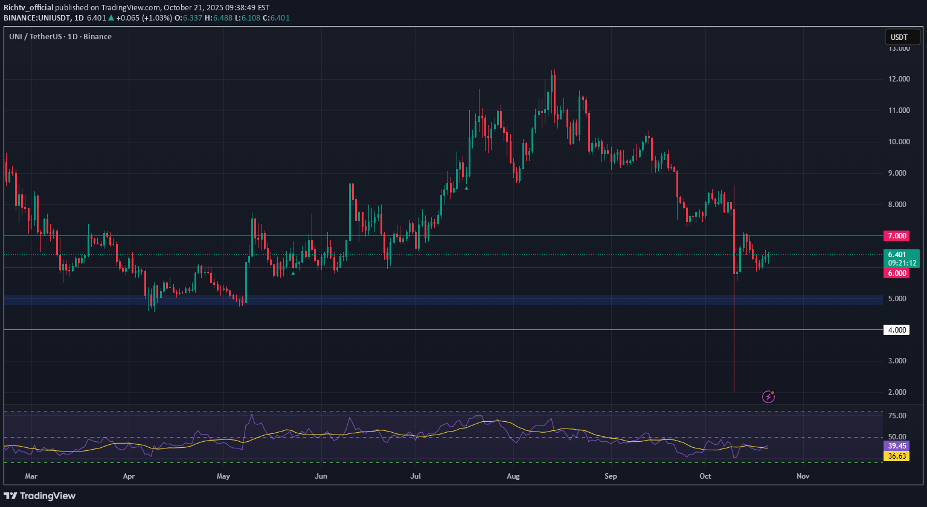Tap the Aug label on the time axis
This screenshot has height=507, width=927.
513,476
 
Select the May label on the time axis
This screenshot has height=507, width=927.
223,476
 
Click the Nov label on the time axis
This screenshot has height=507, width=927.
803,476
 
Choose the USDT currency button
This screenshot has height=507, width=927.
899,37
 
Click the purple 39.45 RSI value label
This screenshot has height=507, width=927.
897,445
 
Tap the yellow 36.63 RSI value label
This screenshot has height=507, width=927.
897,456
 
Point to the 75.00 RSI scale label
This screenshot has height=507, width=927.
899,416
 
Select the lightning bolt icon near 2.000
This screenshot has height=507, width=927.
768,397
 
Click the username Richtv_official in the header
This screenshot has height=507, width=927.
28,7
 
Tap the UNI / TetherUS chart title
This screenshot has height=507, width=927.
60,36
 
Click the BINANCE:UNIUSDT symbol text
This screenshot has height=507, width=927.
37,18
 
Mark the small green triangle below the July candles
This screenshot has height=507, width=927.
466,188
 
